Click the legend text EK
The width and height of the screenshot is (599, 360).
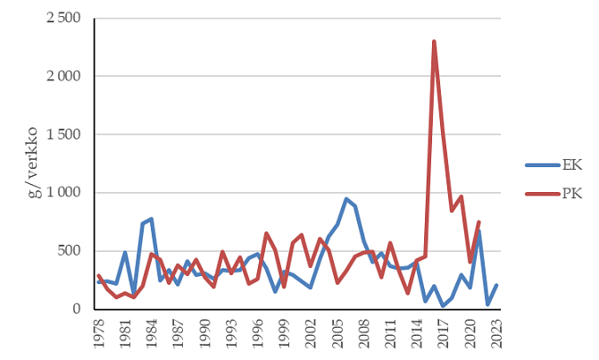click(571, 165)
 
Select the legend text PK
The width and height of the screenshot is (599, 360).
click(571, 194)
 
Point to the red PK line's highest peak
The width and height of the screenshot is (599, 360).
click(434, 41)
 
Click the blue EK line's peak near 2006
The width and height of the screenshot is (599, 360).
click(346, 199)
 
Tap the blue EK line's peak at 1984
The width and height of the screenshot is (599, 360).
click(152, 219)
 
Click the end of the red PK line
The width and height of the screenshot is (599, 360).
click(478, 222)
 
